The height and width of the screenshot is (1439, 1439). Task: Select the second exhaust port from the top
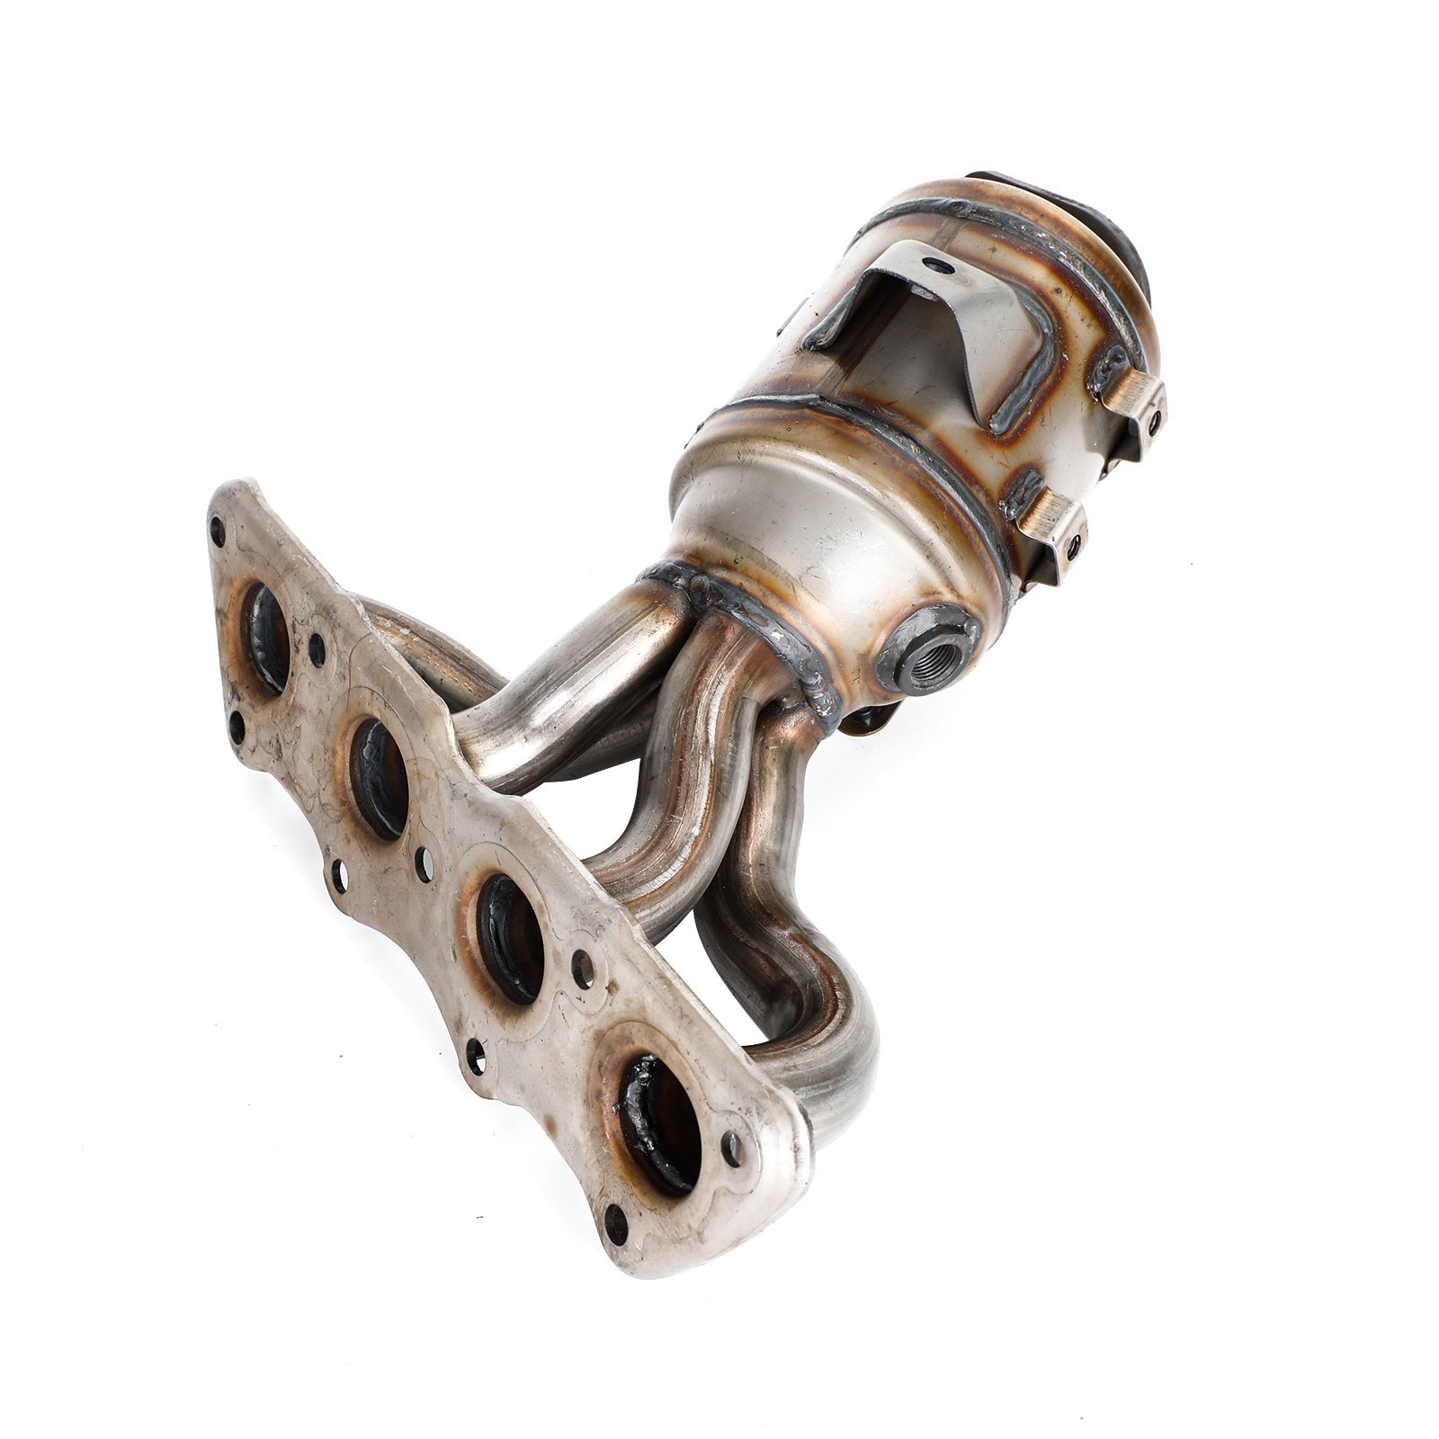coord(379,779)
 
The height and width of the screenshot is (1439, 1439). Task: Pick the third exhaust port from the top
coord(510,938)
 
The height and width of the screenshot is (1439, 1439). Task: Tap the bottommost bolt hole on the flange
coord(615,1224)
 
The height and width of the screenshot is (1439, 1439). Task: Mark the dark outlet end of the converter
coord(1093,220)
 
